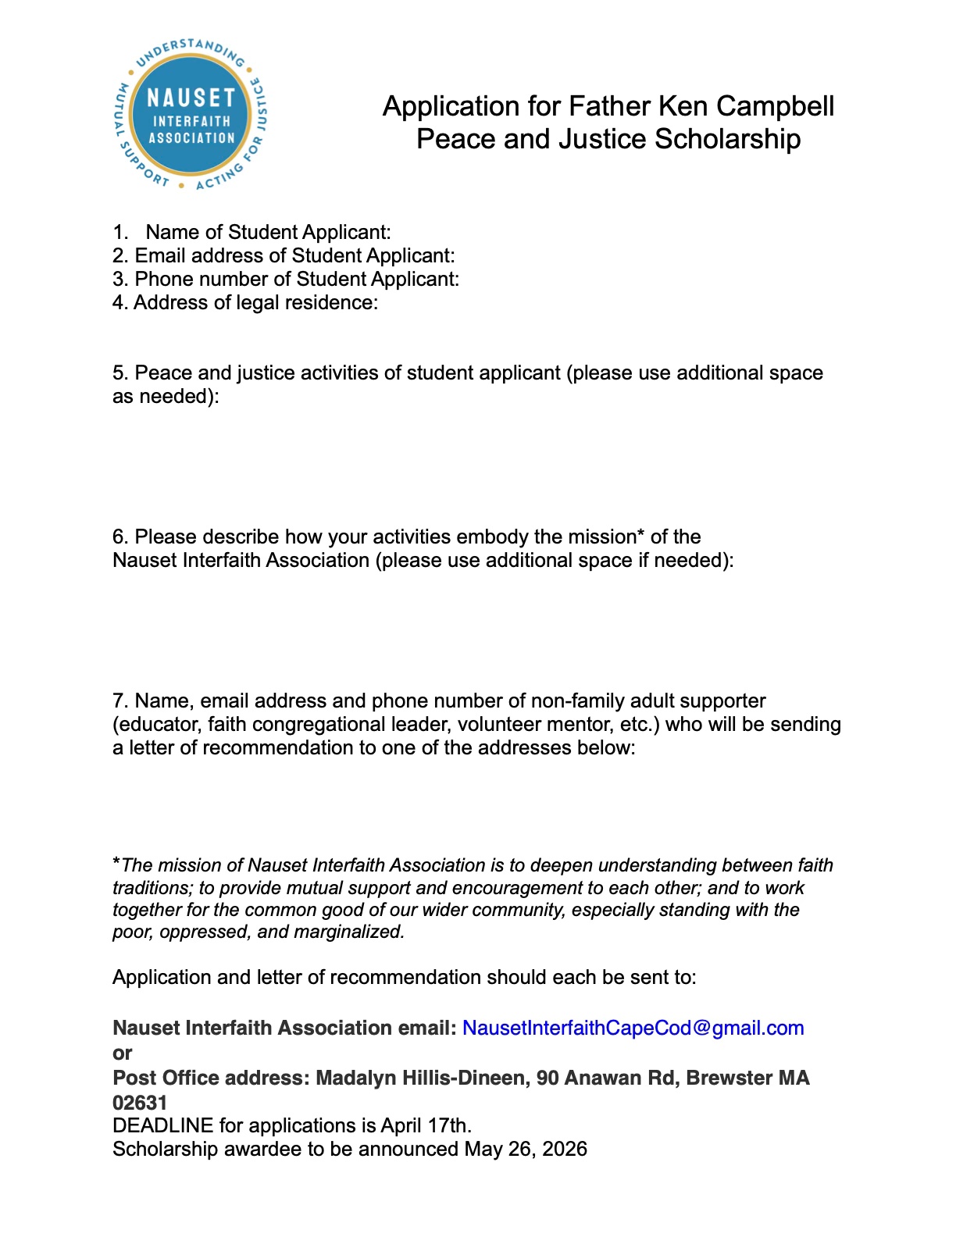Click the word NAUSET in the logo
(191, 98)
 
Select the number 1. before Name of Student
(120, 233)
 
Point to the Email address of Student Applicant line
(284, 256)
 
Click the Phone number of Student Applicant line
(286, 280)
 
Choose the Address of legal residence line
(245, 303)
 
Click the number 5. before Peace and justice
(120, 373)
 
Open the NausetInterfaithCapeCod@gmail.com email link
(633, 1028)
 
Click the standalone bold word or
(123, 1053)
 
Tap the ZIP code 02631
(140, 1103)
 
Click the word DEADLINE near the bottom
(162, 1126)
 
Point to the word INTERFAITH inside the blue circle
(191, 122)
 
